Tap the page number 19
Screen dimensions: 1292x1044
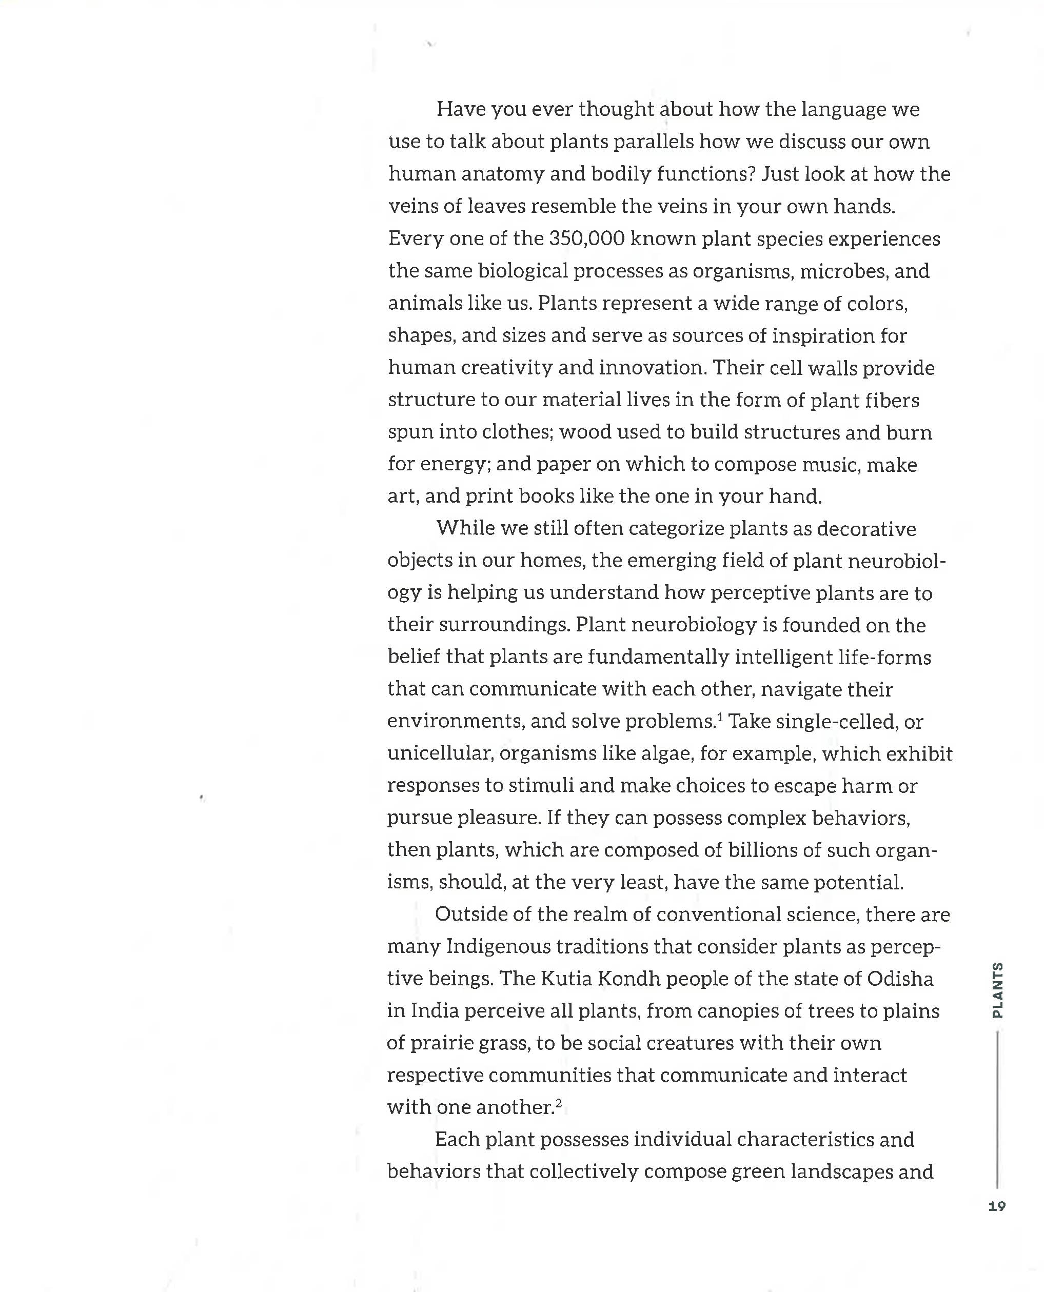pyautogui.click(x=996, y=1206)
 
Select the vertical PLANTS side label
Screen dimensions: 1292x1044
pyautogui.click(x=997, y=990)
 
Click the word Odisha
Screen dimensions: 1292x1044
pyautogui.click(x=900, y=979)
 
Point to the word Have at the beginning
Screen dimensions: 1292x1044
pyautogui.click(x=461, y=109)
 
